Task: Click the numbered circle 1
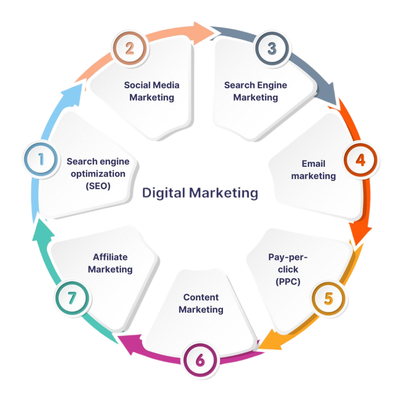point(41,159)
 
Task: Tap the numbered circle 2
point(130,48)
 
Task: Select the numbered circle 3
point(272,48)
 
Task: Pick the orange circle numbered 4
point(360,160)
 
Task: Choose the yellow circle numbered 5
point(329,298)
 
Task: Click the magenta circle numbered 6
point(200,360)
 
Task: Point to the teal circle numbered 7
point(72,298)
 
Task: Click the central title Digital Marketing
point(200,193)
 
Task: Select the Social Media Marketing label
point(152,91)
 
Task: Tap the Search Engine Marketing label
point(256,91)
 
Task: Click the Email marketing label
point(313,170)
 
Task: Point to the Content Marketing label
point(201,303)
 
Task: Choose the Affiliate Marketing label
point(110,263)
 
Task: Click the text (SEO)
point(98,186)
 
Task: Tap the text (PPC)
point(288,281)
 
